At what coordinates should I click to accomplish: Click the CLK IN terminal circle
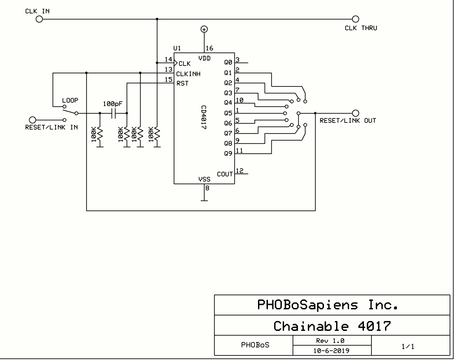click(x=39, y=19)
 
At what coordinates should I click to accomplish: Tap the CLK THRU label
click(x=361, y=28)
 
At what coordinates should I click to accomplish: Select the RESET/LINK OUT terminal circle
click(x=356, y=113)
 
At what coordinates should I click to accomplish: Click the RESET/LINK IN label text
click(x=52, y=127)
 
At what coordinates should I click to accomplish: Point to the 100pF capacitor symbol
click(x=114, y=113)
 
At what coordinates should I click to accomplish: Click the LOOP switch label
click(x=70, y=101)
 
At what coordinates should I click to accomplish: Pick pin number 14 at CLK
click(x=168, y=59)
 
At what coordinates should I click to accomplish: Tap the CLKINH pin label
click(x=188, y=74)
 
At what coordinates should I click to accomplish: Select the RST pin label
click(x=182, y=84)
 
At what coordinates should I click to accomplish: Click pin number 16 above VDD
click(x=209, y=48)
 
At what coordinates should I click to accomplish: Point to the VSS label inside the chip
click(x=204, y=179)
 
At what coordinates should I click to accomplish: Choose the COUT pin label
click(x=225, y=174)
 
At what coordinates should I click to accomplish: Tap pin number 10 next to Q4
click(x=240, y=100)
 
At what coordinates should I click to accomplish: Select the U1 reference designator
click(x=177, y=48)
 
